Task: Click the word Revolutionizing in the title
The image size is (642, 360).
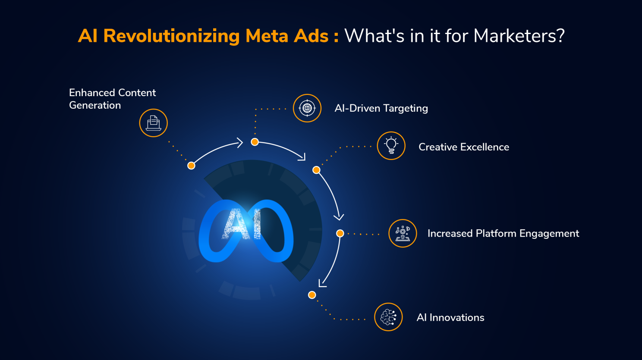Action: click(x=171, y=36)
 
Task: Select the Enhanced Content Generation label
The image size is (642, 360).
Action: click(x=112, y=99)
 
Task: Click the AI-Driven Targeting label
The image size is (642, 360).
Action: click(x=381, y=108)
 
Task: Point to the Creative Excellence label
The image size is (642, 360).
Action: click(x=463, y=147)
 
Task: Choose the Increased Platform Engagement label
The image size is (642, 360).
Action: click(x=503, y=233)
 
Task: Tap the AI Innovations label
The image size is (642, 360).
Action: click(x=450, y=318)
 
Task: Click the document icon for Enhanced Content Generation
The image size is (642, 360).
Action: click(x=153, y=123)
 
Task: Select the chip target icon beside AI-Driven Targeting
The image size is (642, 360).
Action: click(x=307, y=108)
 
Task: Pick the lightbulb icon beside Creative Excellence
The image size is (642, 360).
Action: click(x=391, y=146)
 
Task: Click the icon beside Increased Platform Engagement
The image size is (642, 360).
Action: click(x=403, y=233)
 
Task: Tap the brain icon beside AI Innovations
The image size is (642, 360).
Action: click(x=388, y=317)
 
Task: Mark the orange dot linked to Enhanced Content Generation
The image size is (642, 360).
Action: click(x=191, y=166)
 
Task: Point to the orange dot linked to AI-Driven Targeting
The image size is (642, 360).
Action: click(x=255, y=142)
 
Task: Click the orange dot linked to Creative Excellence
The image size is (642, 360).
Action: click(x=316, y=170)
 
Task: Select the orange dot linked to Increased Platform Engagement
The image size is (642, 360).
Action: click(x=340, y=233)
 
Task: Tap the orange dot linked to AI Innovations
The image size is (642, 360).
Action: click(x=312, y=295)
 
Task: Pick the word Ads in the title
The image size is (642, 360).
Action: click(x=311, y=36)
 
